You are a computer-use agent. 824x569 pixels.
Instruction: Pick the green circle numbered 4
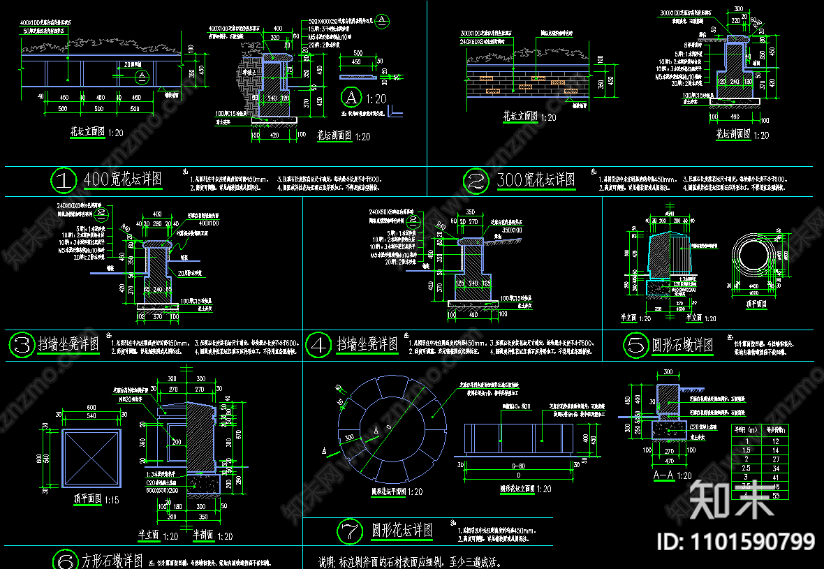click(318, 343)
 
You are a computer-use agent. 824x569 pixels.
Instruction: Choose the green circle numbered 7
click(350, 531)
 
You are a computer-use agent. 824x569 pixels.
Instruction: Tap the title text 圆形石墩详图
click(682, 345)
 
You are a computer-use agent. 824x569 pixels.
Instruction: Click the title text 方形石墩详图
click(112, 561)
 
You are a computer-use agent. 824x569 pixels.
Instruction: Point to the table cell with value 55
click(774, 494)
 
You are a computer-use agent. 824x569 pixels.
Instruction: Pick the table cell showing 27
click(774, 459)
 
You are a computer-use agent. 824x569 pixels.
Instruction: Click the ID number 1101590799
click(736, 541)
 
